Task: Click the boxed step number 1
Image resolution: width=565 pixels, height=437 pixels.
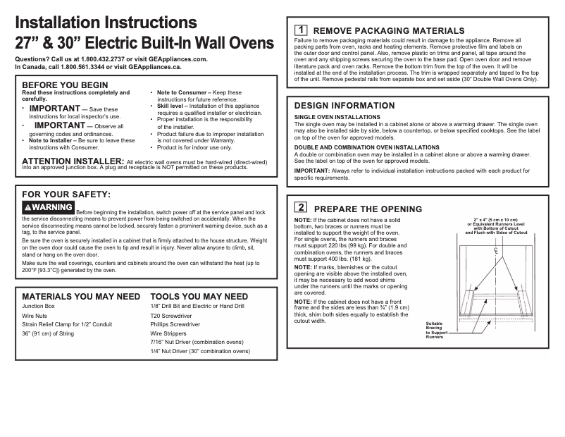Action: click(x=300, y=30)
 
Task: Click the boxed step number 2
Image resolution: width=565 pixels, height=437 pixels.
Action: click(x=300, y=208)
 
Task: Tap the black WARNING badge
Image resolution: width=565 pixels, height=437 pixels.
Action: click(x=48, y=207)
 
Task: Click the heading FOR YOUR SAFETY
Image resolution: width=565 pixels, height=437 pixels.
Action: click(x=66, y=194)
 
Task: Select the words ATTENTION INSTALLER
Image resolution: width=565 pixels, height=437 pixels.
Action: click(x=64, y=161)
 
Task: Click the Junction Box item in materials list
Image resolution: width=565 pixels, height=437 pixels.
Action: click(x=39, y=307)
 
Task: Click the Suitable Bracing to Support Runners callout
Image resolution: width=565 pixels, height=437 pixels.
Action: click(x=435, y=331)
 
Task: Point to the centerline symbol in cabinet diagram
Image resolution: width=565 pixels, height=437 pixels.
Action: click(x=495, y=251)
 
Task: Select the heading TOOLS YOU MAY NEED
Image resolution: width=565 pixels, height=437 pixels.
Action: click(x=199, y=297)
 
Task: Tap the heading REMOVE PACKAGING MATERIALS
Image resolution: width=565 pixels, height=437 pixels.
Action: click(x=388, y=31)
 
